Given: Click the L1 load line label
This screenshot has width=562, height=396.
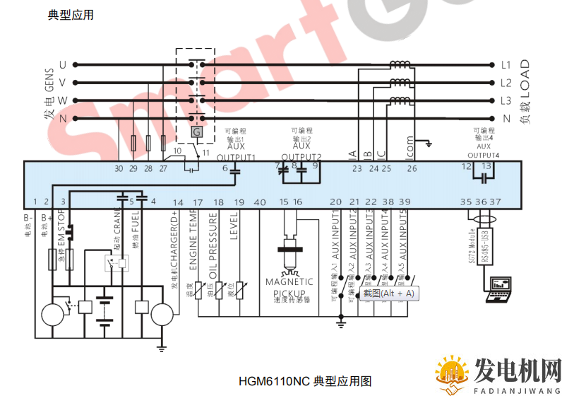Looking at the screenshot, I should click(x=506, y=64).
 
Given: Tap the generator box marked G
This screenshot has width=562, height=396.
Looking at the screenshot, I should click(x=197, y=132).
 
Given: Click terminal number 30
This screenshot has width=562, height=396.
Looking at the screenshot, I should click(x=119, y=168).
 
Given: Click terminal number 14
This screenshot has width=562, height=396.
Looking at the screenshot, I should click(x=178, y=203).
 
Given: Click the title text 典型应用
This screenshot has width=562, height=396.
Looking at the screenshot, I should click(x=71, y=15).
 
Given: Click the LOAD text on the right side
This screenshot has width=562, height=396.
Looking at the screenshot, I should click(x=524, y=78).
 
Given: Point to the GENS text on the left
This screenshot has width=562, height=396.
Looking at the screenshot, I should click(x=49, y=91).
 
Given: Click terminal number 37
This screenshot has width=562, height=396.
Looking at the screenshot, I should click(x=496, y=202).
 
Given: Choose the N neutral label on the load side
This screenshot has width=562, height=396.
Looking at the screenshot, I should click(x=506, y=119).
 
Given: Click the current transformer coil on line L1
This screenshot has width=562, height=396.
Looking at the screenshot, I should click(x=400, y=64).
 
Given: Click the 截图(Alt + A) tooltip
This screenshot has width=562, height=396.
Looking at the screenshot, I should click(x=389, y=293).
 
